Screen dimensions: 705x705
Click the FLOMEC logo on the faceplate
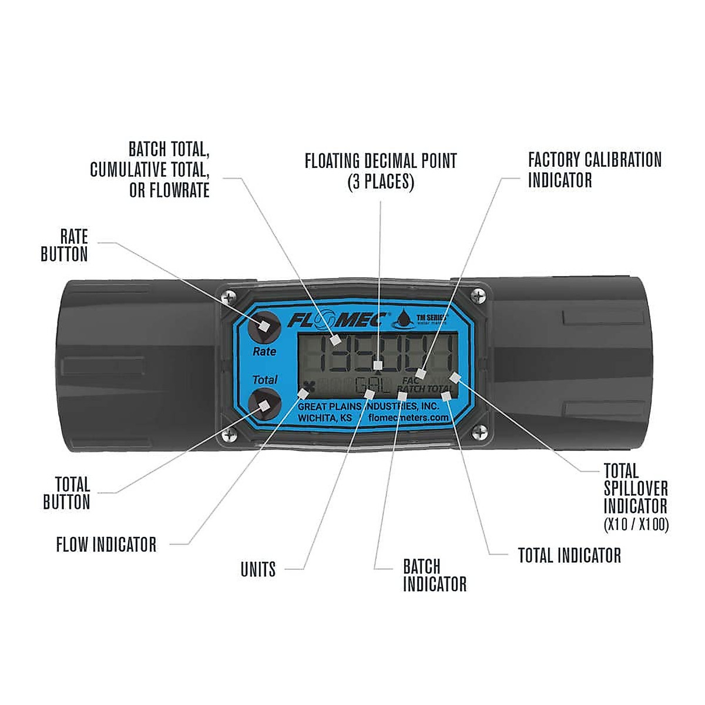(337, 320)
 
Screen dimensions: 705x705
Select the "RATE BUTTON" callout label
(65, 246)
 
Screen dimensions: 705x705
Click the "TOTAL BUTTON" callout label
(66, 493)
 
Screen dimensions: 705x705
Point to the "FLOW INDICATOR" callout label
(106, 545)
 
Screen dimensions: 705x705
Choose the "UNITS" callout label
(258, 569)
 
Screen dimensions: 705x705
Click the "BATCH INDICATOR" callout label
(435, 576)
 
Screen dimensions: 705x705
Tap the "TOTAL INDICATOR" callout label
(569, 555)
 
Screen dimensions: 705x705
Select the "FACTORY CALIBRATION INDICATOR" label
(595, 170)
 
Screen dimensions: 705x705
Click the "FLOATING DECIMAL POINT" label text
(381, 161)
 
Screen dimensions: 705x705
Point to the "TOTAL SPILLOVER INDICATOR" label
(636, 488)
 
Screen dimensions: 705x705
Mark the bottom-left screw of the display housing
(228, 435)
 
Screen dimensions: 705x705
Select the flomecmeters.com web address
(408, 418)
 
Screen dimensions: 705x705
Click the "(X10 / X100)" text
(636, 525)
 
